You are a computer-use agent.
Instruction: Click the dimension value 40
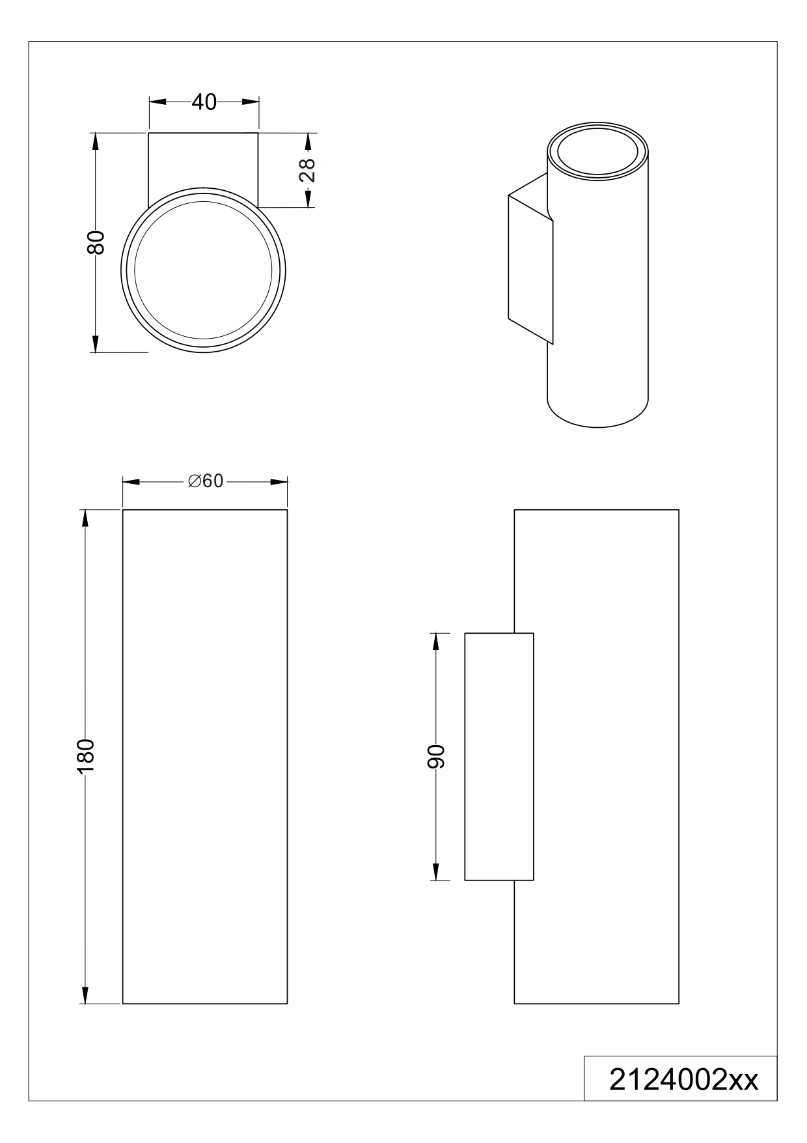pos(204,102)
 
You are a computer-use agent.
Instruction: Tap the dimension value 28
pos(306,171)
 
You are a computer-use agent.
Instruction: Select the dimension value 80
pos(96,243)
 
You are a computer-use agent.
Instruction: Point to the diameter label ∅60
pos(205,481)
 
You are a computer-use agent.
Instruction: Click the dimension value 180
pos(85,756)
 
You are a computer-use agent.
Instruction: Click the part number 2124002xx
pos(683,1080)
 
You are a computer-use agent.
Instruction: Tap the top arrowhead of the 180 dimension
pos(85,518)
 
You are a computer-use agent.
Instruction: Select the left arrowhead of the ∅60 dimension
pos(131,482)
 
